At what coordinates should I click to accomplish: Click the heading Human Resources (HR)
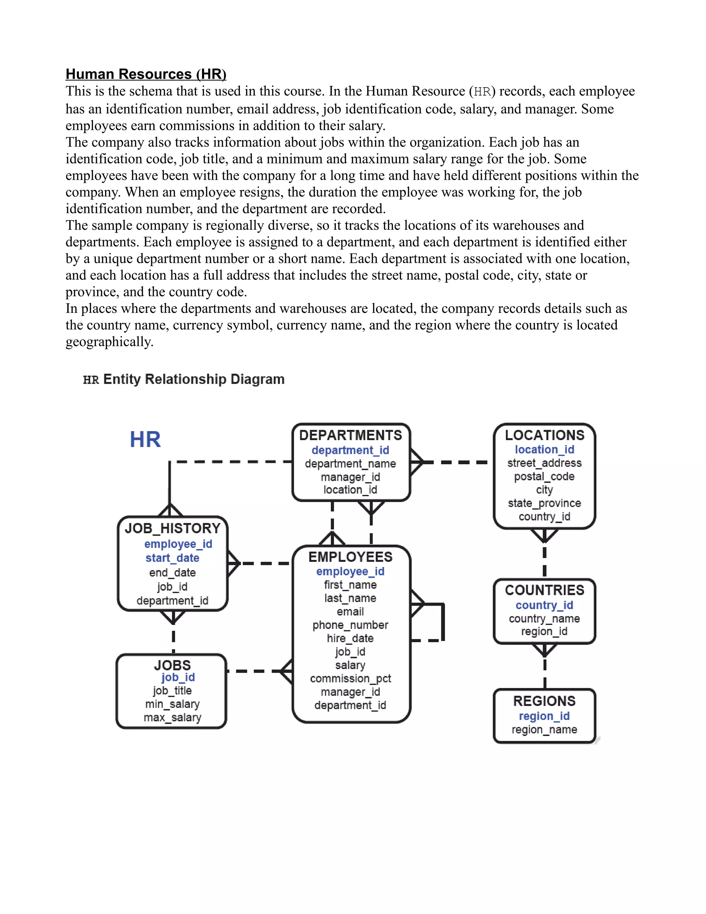pyautogui.click(x=146, y=74)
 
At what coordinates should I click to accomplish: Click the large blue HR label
pyautogui.click(x=145, y=439)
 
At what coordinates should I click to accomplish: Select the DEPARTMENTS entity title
pyautogui.click(x=351, y=435)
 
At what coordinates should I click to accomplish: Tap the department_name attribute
pyautogui.click(x=351, y=464)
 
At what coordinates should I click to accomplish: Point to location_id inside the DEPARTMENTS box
pyautogui.click(x=351, y=490)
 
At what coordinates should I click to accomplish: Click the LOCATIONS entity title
pyautogui.click(x=545, y=435)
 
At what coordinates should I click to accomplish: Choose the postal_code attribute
pyautogui.click(x=545, y=476)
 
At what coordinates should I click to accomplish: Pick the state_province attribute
pyautogui.click(x=545, y=503)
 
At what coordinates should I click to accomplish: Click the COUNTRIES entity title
pyautogui.click(x=545, y=590)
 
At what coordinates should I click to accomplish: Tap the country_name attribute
pyautogui.click(x=545, y=618)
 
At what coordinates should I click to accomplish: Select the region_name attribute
pyautogui.click(x=545, y=729)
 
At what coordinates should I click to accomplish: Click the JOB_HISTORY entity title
pyautogui.click(x=172, y=528)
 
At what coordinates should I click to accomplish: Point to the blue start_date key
pyautogui.click(x=172, y=558)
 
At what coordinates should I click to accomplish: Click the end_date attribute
pyautogui.click(x=172, y=573)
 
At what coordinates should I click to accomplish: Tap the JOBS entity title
pyautogui.click(x=172, y=665)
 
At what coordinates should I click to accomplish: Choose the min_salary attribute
pyautogui.click(x=172, y=704)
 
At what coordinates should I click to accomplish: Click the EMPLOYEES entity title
pyautogui.click(x=351, y=557)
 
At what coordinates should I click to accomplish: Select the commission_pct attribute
pyautogui.click(x=351, y=678)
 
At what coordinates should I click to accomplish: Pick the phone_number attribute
pyautogui.click(x=351, y=625)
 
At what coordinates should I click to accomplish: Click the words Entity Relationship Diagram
pyautogui.click(x=194, y=379)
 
